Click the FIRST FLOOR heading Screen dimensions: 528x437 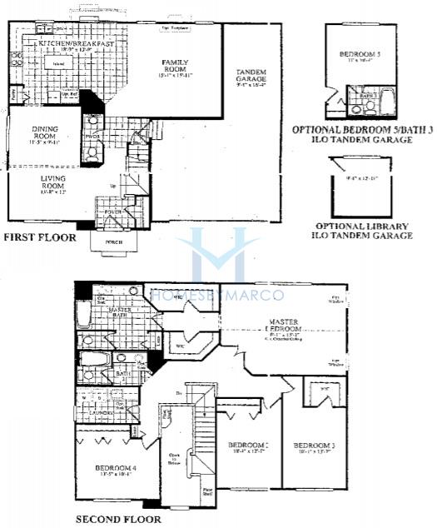[x=40, y=237]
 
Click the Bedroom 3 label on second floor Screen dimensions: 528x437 [x=313, y=446]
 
